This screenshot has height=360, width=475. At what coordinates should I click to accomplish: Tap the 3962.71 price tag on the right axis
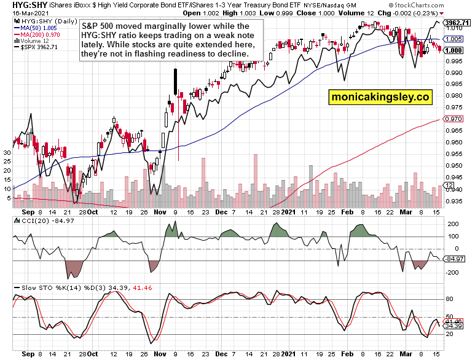tap(457, 22)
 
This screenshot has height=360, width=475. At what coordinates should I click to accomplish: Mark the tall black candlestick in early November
tap(175, 81)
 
